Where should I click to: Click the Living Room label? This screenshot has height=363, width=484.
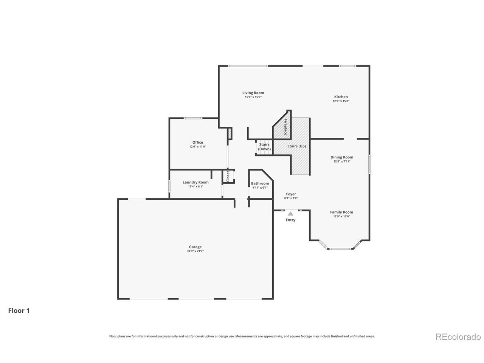pos(253,93)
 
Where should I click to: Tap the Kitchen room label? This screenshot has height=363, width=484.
pos(340,97)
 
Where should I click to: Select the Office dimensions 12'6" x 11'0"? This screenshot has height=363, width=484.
pos(197,147)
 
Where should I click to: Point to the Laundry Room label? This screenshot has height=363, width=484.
pos(195,182)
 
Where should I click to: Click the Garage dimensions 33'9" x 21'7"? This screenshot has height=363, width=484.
pos(195,251)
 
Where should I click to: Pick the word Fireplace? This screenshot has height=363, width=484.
pos(285,127)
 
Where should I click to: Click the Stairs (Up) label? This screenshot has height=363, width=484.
pos(297,146)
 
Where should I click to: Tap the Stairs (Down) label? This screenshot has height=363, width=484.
pos(264,147)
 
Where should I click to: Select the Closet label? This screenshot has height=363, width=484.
pos(228,177)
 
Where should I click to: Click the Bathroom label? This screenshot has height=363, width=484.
pos(260,183)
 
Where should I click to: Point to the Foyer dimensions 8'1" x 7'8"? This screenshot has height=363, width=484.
pos(291,198)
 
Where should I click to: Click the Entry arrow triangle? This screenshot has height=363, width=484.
pos(290,214)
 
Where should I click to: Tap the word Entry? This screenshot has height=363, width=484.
pos(290,220)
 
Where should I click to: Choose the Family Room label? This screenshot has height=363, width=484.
pos(341,212)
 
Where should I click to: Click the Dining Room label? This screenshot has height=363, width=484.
pos(342,157)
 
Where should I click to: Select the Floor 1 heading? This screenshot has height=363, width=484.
pos(19,311)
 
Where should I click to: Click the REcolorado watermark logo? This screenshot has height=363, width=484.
pos(458,337)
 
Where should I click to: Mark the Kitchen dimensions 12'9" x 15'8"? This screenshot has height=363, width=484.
pos(340,101)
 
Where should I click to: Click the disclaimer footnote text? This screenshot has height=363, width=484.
pos(242,336)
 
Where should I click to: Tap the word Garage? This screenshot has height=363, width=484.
pos(195,247)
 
